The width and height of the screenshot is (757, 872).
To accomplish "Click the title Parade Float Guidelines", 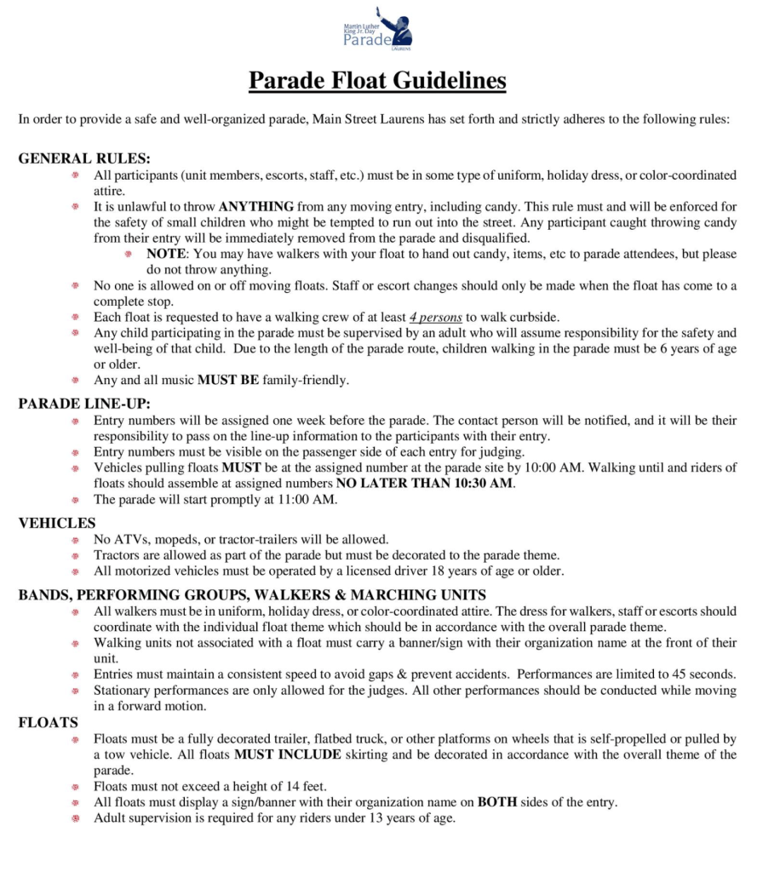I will click(377, 81).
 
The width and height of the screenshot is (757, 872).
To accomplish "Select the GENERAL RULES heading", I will click(83, 158).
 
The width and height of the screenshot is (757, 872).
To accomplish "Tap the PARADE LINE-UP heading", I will click(84, 404).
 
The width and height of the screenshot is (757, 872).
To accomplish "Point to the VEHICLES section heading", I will click(57, 523).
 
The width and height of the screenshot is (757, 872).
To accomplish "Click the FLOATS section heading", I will click(49, 723).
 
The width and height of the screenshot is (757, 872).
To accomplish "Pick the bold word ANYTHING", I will click(255, 206).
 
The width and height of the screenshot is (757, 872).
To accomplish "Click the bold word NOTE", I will click(163, 254).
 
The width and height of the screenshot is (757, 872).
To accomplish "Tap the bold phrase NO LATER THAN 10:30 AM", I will click(425, 484).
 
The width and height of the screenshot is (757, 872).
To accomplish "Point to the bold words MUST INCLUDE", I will click(287, 754).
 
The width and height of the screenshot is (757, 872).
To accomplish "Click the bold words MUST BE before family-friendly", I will click(227, 380).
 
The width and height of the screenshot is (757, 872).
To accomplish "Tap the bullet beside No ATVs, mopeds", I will click(76, 539).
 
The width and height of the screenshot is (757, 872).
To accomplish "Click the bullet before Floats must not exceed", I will click(76, 786).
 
